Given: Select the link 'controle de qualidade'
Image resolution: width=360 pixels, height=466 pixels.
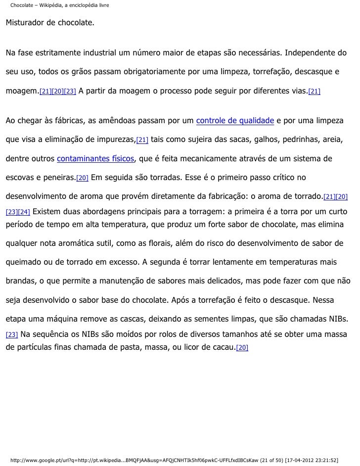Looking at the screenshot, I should pos(235,121).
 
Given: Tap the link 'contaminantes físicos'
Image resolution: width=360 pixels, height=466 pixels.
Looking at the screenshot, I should pos(96,159).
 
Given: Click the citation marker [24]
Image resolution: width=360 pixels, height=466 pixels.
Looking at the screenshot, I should pos(24,212).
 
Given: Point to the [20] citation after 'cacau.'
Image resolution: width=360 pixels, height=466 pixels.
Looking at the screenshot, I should pos(242,348).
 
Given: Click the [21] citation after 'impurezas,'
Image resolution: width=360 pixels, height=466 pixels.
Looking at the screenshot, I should pos(142,140).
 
